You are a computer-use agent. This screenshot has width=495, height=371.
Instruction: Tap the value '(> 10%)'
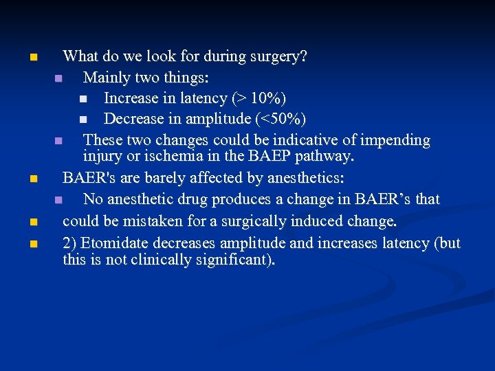[x=259, y=98]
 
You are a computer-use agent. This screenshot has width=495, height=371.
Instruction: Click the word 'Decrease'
[x=135, y=119]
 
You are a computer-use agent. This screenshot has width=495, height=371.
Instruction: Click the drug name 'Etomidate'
[x=117, y=243]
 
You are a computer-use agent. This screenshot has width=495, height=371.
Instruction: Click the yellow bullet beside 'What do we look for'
[x=33, y=57]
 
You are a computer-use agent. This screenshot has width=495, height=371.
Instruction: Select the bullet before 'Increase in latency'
[x=82, y=99]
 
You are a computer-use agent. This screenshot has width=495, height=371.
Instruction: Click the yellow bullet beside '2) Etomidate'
[x=33, y=243]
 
